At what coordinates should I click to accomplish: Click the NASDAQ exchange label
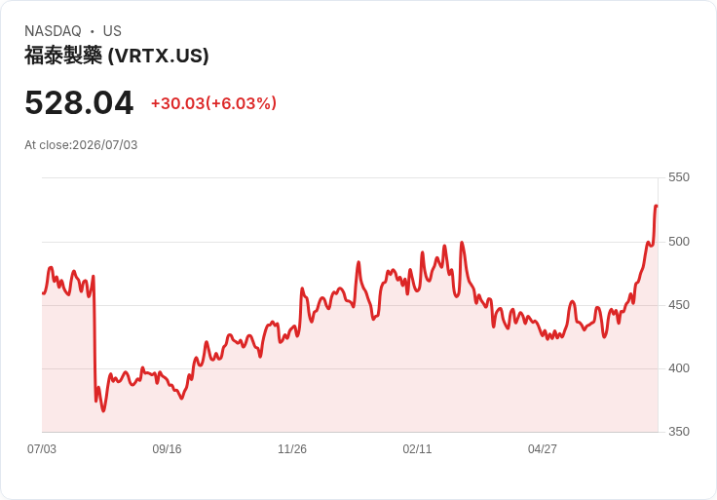(x=53, y=31)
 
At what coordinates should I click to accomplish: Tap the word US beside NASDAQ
(x=112, y=31)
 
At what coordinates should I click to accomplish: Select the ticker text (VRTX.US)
(x=158, y=56)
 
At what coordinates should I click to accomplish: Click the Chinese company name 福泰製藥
(x=63, y=56)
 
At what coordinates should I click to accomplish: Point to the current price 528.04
(x=79, y=102)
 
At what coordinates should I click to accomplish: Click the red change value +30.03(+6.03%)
(x=214, y=103)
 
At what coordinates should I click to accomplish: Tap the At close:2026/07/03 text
(x=81, y=145)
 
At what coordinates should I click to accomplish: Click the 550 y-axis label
(x=679, y=177)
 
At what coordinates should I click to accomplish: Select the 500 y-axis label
(x=679, y=242)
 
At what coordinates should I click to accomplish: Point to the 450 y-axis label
(x=679, y=305)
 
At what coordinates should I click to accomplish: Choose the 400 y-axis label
(x=679, y=368)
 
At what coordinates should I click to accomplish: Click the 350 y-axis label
(x=679, y=432)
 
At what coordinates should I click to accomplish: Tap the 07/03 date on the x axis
(x=42, y=449)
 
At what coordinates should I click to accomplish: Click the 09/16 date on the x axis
(x=167, y=449)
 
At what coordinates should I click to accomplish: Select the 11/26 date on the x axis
(x=292, y=449)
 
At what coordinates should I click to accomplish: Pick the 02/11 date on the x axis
(x=417, y=449)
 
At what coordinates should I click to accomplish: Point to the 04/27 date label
(x=543, y=449)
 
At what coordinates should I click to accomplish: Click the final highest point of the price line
(x=657, y=206)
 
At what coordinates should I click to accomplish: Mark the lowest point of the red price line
(x=103, y=410)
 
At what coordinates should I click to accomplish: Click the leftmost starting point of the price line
(x=43, y=293)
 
